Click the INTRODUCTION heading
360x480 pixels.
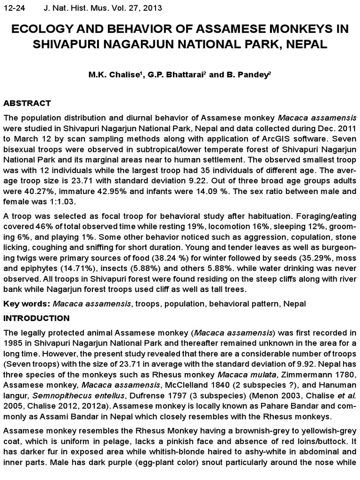[x=37, y=318]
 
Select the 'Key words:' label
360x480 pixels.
[x=27, y=304]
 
